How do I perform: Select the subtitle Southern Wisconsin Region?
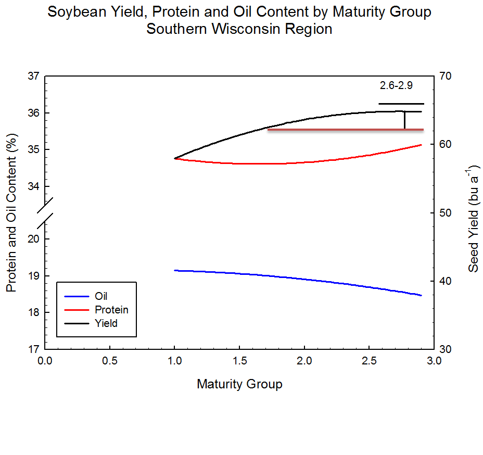pyautogui.click(x=239, y=29)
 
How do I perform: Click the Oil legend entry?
pyautogui.click(x=101, y=296)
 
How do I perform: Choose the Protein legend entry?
pyautogui.click(x=111, y=310)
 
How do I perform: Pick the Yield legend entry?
pyautogui.click(x=106, y=323)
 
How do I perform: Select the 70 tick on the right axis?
pyautogui.click(x=446, y=76)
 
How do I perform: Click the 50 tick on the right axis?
pyautogui.click(x=446, y=213)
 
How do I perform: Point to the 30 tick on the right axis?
pyautogui.click(x=446, y=349)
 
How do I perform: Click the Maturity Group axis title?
pyautogui.click(x=239, y=384)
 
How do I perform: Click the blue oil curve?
pyautogui.click(x=312, y=280)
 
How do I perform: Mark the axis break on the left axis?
pyautogui.click(x=45, y=212)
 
